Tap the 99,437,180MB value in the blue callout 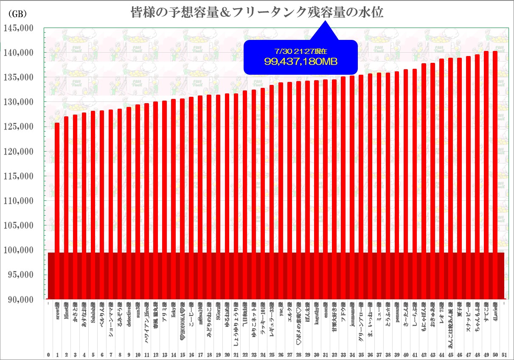point(301,62)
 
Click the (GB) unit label point(18,14)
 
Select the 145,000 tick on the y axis point(18,28)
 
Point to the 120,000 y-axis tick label point(18,152)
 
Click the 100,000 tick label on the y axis point(18,250)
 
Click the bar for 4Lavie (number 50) point(495,170)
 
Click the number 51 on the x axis point(504,354)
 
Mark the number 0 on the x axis point(48,354)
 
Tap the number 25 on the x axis point(272,354)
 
